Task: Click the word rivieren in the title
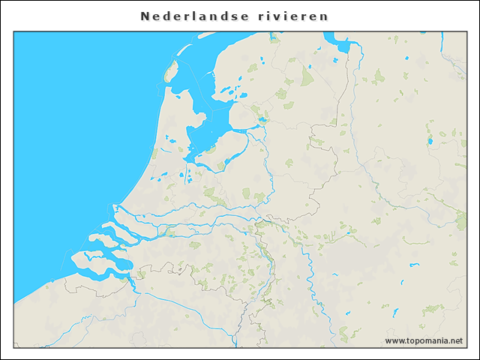point(296,16)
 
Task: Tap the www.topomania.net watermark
point(424,340)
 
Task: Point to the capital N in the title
point(145,16)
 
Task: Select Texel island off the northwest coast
point(169,72)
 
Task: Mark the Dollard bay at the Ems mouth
point(344,46)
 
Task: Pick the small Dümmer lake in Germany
point(430,139)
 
